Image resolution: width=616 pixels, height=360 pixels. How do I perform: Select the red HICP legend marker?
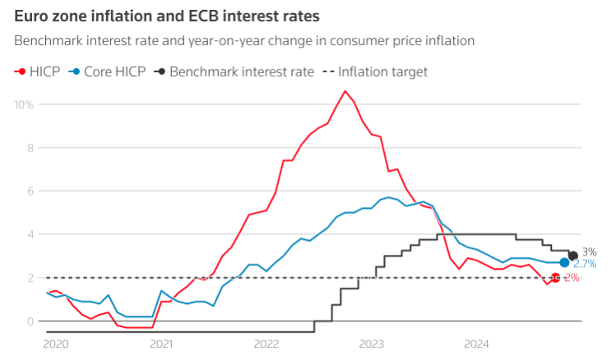(20, 72)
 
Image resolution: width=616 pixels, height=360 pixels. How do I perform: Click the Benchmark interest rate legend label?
(242, 72)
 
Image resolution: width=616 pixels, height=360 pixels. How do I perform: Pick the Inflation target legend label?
(382, 72)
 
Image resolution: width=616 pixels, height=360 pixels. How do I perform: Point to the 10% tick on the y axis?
(25, 104)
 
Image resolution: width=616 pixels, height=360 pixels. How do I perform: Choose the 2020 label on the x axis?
(55, 344)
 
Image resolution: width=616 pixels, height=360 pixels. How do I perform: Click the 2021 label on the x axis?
(160, 344)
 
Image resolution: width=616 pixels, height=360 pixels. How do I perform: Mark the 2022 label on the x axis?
(266, 344)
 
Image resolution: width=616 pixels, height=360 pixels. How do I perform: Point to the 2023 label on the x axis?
(372, 344)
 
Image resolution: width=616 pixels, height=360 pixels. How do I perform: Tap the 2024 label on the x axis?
(477, 344)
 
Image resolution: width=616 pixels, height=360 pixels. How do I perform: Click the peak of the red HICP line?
(345, 91)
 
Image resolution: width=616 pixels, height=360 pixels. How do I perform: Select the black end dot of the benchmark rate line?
(573, 256)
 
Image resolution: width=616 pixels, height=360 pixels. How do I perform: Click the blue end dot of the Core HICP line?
(564, 263)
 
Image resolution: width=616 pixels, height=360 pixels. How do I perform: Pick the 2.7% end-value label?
(585, 264)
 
